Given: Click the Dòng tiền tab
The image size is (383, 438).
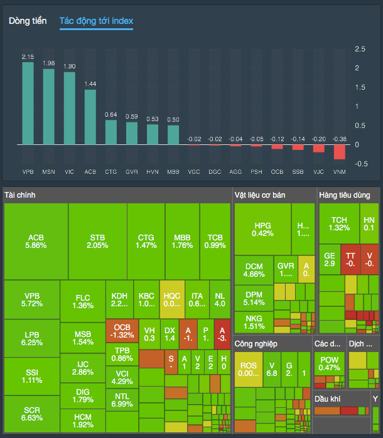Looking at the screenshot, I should click(28, 21).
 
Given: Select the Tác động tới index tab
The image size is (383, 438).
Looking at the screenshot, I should click(96, 21).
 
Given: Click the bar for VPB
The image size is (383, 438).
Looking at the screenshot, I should click(28, 103).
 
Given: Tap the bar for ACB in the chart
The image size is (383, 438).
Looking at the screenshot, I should click(90, 117).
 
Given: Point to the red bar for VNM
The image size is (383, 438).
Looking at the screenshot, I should click(339, 152).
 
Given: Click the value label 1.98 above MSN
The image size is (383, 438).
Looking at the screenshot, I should click(48, 63).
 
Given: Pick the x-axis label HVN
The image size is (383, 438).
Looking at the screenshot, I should click(153, 171).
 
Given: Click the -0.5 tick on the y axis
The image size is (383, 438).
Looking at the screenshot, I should click(360, 164).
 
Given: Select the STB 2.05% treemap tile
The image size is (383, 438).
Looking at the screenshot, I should click(98, 242).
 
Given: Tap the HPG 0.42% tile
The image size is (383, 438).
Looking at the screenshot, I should click(262, 229).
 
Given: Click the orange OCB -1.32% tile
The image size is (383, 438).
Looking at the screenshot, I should click(122, 331).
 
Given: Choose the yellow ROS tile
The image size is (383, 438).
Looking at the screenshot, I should click(249, 369).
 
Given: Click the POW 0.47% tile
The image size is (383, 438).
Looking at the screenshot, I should click(329, 363).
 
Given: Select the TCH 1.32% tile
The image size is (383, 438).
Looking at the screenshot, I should click(339, 224).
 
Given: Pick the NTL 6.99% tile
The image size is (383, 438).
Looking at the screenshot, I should click(122, 400).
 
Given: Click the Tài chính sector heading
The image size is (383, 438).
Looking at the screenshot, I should click(20, 195).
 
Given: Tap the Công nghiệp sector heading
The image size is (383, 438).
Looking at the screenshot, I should click(256, 344).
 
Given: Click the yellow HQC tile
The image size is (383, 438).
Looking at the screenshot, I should click(171, 299).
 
